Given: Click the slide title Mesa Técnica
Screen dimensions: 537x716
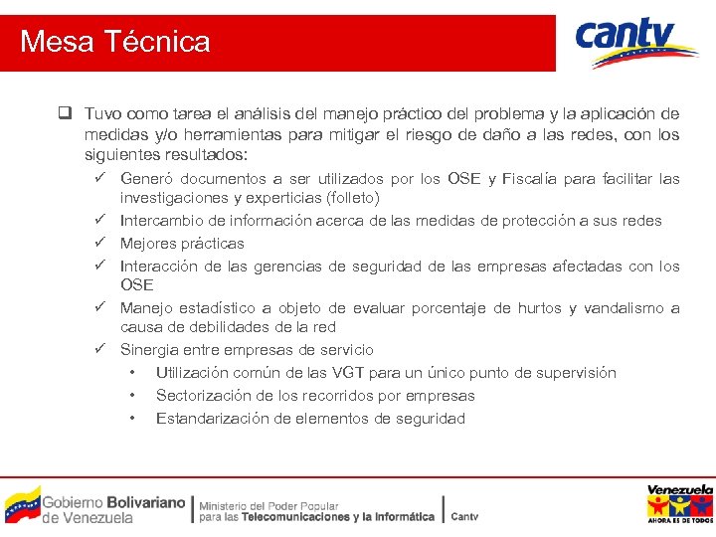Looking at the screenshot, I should (115, 42).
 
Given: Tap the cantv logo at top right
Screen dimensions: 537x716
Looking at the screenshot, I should (636, 42).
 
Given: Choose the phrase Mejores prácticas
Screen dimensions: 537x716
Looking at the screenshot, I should (182, 244).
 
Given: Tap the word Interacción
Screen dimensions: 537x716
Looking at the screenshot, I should (162, 267).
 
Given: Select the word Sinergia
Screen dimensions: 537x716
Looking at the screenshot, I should (151, 350).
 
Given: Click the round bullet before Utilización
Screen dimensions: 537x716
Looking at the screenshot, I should (131, 373).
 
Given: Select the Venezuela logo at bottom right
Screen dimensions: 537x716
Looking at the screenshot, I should (679, 504).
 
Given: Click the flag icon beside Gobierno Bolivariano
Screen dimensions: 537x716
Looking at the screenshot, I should (22, 505).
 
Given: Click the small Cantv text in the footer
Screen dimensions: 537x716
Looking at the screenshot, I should (464, 516).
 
